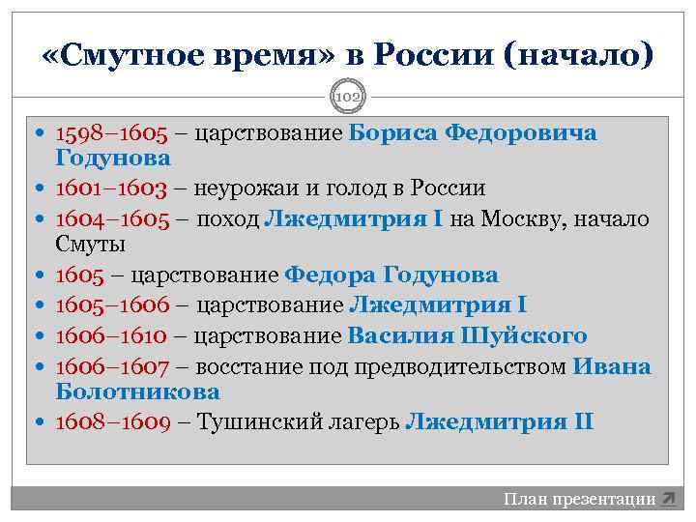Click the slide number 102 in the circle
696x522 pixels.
[x=347, y=98]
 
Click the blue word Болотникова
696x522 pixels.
[x=138, y=392]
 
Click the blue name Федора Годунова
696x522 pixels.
[x=391, y=275]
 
